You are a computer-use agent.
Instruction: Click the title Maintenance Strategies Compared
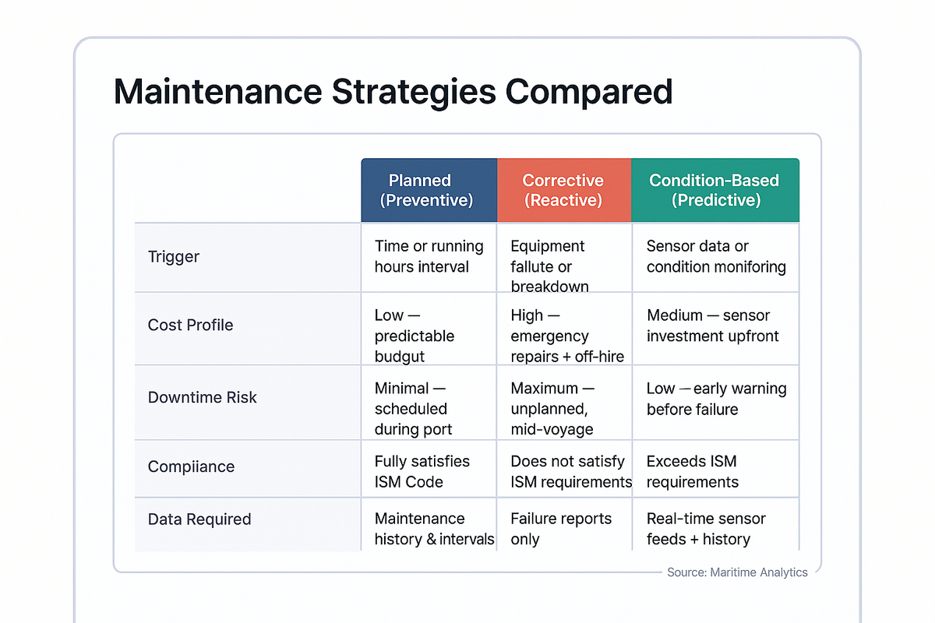pyautogui.click(x=393, y=91)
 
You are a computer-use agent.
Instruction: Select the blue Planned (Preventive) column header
pyautogui.click(x=429, y=191)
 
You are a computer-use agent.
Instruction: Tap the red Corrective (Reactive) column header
pyautogui.click(x=563, y=191)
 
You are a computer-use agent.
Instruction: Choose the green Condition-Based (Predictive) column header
pyautogui.click(x=714, y=191)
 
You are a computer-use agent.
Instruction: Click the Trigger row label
pyautogui.click(x=174, y=257)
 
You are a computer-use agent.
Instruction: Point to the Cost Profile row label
pyautogui.click(x=190, y=325)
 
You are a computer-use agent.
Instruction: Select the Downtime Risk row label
pyautogui.click(x=202, y=397)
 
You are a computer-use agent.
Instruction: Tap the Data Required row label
pyautogui.click(x=199, y=519)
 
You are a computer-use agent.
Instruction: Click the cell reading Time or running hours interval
pyautogui.click(x=429, y=257)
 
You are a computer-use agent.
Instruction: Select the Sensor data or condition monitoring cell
pyautogui.click(x=715, y=257)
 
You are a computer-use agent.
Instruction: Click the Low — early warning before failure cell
pyautogui.click(x=716, y=398)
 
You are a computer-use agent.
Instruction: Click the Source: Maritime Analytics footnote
pyautogui.click(x=737, y=572)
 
